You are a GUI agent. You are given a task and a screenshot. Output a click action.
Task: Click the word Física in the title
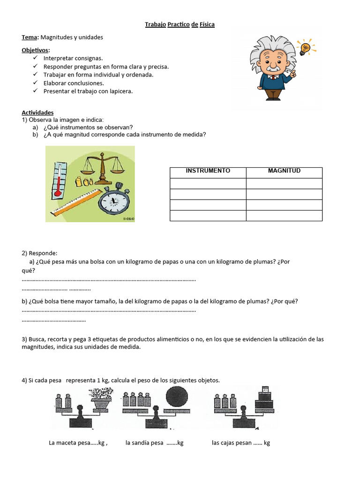point(207,24)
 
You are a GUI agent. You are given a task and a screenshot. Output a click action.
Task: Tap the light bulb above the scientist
point(306,47)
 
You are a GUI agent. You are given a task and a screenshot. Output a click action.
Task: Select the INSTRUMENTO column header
point(208,171)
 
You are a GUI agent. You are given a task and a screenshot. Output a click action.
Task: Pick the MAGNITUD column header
point(284,171)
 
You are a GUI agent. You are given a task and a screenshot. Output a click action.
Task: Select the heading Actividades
point(37,112)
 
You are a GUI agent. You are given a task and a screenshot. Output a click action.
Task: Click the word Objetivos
point(35,50)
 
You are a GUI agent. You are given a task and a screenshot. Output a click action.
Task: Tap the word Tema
point(30,37)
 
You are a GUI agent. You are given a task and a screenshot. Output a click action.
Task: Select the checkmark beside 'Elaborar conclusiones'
point(36,83)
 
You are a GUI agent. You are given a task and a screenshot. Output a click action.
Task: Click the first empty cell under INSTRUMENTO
point(208,183)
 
